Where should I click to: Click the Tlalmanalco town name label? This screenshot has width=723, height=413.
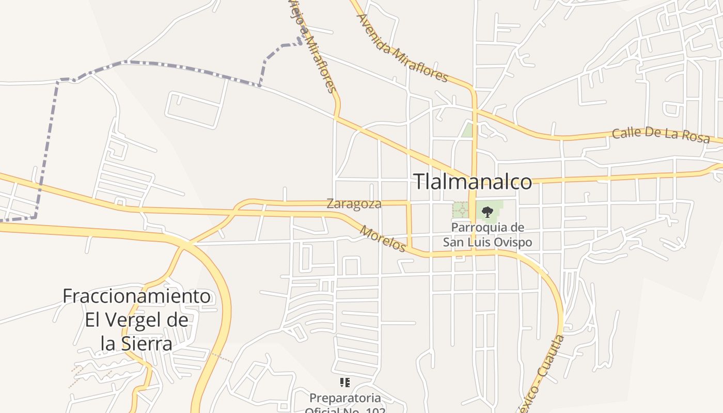[x=473, y=182]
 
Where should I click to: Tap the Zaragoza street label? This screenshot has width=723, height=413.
[x=354, y=204]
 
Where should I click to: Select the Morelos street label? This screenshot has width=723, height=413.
[x=383, y=239]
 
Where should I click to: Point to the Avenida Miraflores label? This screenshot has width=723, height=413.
[x=402, y=47]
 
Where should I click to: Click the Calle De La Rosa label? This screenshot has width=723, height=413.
[x=661, y=135]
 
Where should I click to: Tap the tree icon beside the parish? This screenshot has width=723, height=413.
[x=487, y=212]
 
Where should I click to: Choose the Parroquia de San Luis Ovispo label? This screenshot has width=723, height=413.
[x=488, y=235]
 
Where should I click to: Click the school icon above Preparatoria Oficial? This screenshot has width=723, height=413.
[x=345, y=383]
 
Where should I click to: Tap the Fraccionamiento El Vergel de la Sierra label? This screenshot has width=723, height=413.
[x=137, y=320]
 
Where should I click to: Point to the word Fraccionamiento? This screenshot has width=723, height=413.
[x=137, y=296]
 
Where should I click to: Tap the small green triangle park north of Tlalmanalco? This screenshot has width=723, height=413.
[x=468, y=130]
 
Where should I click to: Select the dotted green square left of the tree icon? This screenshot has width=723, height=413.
[x=461, y=210]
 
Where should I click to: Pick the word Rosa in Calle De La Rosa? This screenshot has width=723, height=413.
[x=697, y=138]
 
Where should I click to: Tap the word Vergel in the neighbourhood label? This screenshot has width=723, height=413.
[x=130, y=320]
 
